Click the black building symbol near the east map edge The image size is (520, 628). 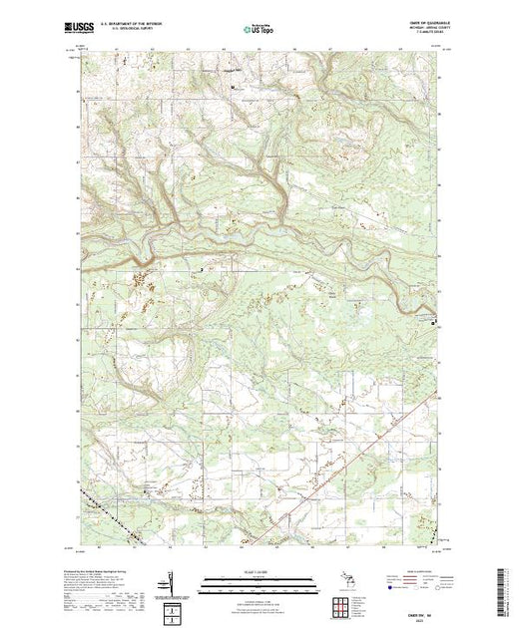432,322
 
